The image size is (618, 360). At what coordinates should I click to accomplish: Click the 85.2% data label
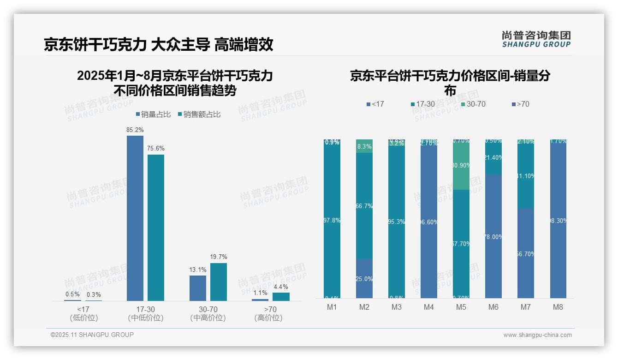(x=135, y=130)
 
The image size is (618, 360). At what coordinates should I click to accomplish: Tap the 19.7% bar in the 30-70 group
(x=219, y=282)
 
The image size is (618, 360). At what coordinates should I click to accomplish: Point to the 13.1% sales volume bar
(x=198, y=288)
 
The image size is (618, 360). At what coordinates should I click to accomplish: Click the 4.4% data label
(x=281, y=287)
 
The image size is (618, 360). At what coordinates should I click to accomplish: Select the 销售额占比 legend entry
(x=199, y=114)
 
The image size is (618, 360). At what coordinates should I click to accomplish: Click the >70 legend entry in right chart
(x=520, y=104)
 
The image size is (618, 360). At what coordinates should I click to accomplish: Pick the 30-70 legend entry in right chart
(x=473, y=104)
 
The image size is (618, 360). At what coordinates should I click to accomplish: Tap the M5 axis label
(x=461, y=307)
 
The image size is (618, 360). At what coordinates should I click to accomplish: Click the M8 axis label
(x=558, y=307)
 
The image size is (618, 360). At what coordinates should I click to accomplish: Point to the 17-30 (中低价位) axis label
(x=146, y=313)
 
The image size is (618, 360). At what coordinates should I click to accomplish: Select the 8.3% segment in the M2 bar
(x=364, y=146)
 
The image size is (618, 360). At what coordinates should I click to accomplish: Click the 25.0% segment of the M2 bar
(x=364, y=279)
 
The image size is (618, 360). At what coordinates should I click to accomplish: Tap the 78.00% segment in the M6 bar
(x=493, y=237)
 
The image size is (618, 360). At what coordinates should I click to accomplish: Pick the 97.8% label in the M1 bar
(x=332, y=221)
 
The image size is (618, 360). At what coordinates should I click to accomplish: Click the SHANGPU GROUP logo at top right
(x=536, y=39)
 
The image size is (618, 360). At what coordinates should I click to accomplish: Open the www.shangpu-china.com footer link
(x=537, y=335)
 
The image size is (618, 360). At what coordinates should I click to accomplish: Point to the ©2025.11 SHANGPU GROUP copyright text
(x=92, y=335)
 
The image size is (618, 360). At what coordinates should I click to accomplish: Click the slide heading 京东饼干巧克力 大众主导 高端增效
(x=159, y=45)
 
